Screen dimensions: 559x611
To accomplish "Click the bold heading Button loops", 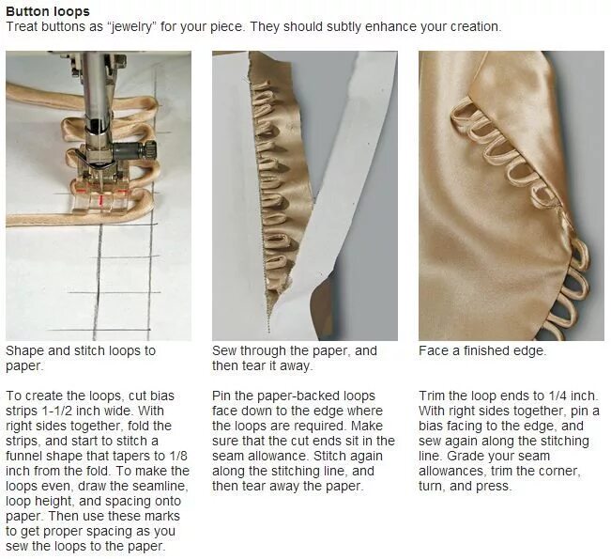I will coord(48,11).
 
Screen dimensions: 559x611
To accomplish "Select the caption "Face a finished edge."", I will coord(482,350).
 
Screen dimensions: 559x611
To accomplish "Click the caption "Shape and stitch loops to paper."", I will coord(81,358).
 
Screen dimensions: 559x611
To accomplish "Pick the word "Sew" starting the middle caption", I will coord(225,350).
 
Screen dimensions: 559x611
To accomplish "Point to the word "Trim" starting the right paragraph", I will coord(433,396).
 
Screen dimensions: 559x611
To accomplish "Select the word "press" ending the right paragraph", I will coord(499,486).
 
